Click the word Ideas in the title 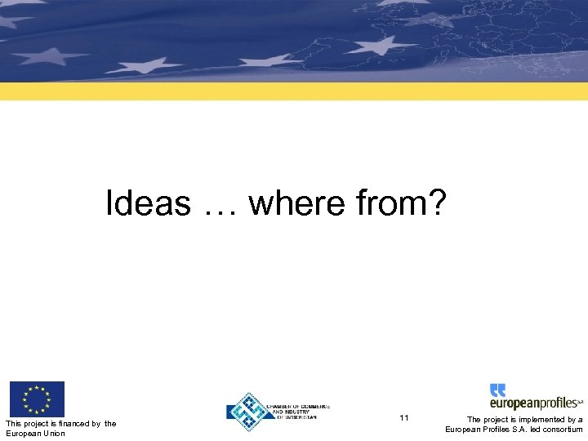coord(148,203)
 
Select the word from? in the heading coord(401,203)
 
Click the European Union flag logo coord(36,399)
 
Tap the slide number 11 coord(404,418)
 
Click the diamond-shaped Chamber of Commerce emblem coord(248,412)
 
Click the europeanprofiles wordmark coord(534,403)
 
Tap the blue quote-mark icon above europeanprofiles coord(498,390)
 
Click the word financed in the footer coord(74,423)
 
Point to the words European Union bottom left coord(35,433)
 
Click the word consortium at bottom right coord(563,430)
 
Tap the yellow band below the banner coord(294,91)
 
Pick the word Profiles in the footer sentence coord(500,430)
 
